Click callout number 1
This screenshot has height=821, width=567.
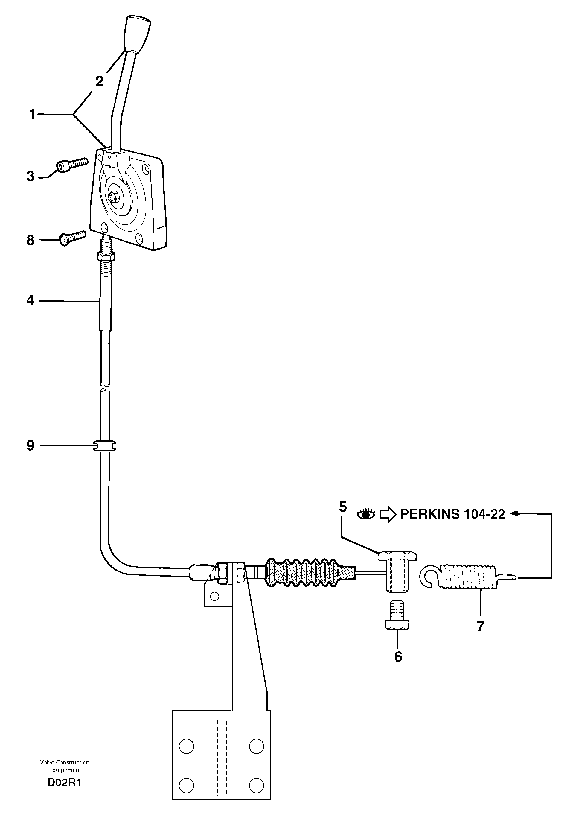32,114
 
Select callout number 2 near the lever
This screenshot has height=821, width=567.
100,81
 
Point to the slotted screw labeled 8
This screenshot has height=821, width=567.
72,237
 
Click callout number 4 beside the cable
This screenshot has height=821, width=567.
30,301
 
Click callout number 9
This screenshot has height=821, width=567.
30,445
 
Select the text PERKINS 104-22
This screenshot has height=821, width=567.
452,514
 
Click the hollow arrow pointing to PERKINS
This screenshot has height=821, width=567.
388,514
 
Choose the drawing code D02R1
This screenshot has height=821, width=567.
64,783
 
